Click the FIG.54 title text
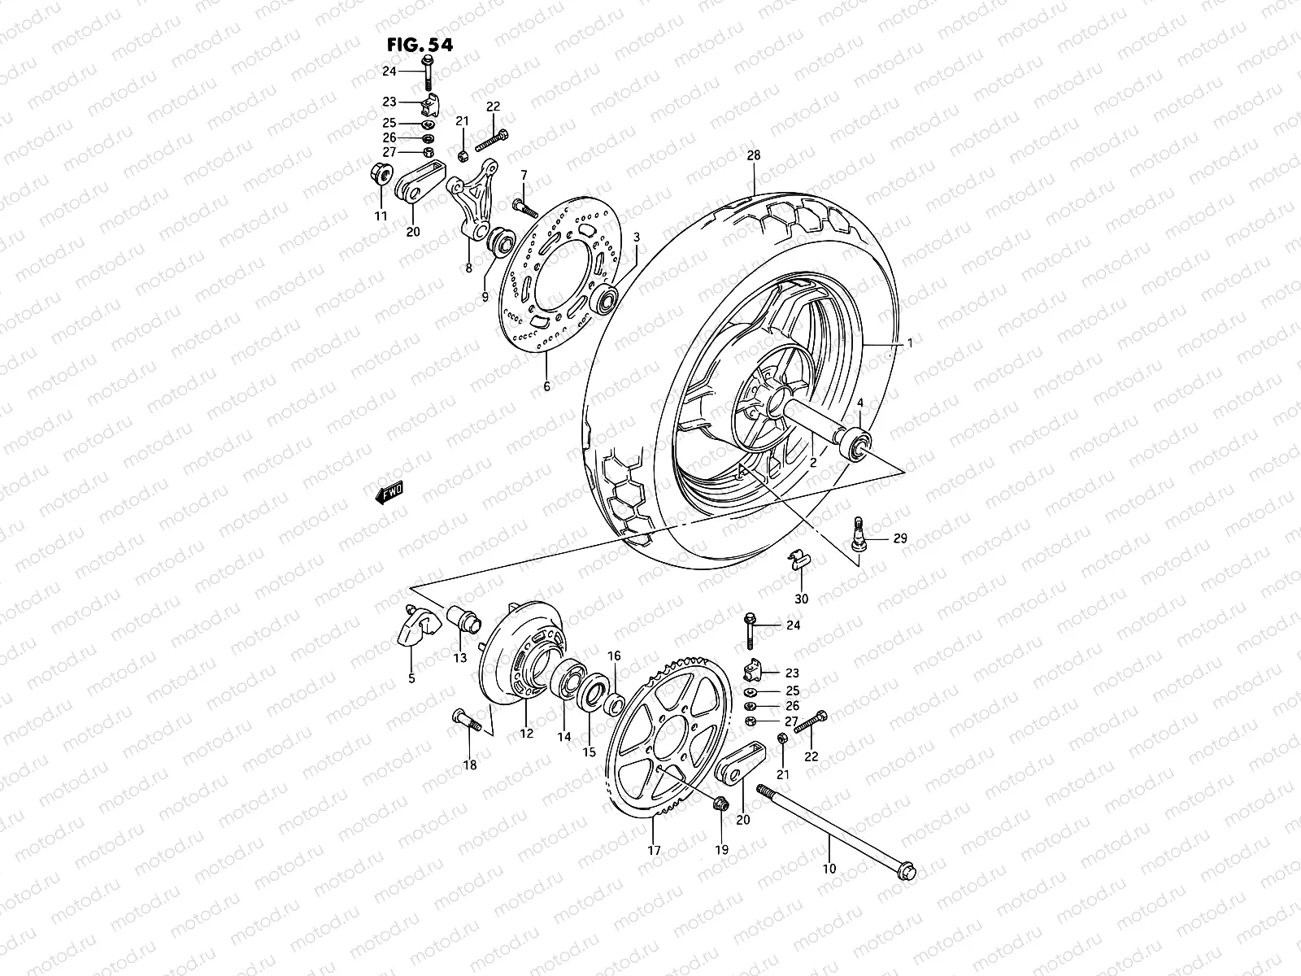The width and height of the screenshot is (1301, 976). tap(420, 43)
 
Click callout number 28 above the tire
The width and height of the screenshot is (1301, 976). tap(753, 155)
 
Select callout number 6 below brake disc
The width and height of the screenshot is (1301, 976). tap(546, 386)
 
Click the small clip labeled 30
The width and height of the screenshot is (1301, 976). tap(799, 560)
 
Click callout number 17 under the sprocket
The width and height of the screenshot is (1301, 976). tap(654, 851)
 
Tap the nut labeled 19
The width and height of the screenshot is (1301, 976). tap(719, 804)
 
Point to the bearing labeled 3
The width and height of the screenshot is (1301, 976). tap(606, 300)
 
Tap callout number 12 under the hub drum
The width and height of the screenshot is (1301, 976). tap(526, 734)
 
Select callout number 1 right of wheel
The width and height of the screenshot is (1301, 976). tap(910, 344)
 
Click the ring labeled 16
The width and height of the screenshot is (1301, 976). tap(615, 701)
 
